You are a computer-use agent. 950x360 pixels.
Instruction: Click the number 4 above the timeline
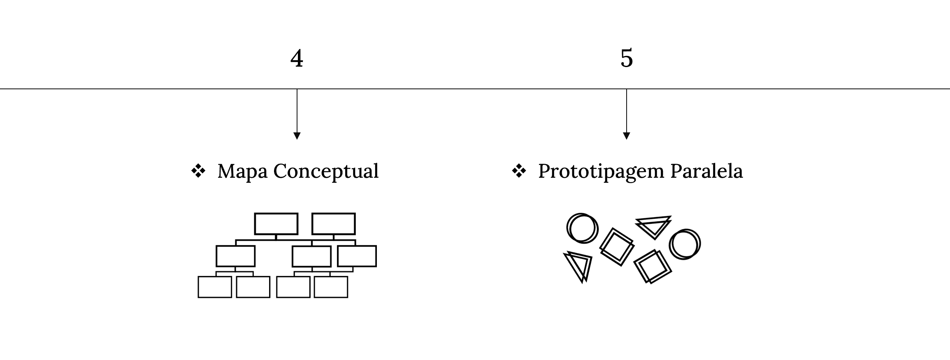pos(297,58)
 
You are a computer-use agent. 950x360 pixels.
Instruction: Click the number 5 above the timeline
pos(627,58)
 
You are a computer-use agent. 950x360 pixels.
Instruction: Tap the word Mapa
pos(242,172)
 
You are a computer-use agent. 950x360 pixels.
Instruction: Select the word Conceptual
pos(326,172)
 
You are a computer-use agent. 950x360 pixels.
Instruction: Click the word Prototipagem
pos(601,172)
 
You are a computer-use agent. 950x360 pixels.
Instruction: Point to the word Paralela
pos(706,171)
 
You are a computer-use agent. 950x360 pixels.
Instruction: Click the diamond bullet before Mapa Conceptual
pos(198,171)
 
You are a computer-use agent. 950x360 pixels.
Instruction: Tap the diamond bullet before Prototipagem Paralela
pos(519,171)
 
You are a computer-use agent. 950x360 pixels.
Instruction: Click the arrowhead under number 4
pos(297,136)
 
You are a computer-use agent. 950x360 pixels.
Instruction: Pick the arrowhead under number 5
pos(627,136)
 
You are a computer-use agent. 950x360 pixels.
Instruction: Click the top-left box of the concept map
pos(276,224)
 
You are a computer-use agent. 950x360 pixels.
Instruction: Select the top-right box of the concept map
pos(334,224)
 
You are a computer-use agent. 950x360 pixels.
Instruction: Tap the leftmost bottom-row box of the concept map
pos(215,287)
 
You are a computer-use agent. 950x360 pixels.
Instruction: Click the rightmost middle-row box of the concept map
pos(357,256)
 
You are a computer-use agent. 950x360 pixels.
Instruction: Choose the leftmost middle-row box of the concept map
pos(236,256)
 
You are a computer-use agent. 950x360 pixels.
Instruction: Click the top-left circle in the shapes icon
pos(567,228)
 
